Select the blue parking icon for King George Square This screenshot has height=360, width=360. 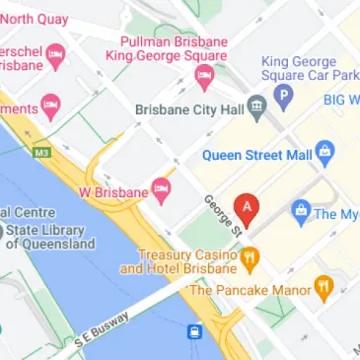tap(285, 98)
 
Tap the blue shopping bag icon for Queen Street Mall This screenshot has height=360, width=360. tap(324, 153)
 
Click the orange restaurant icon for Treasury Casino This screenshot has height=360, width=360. tap(252, 259)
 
